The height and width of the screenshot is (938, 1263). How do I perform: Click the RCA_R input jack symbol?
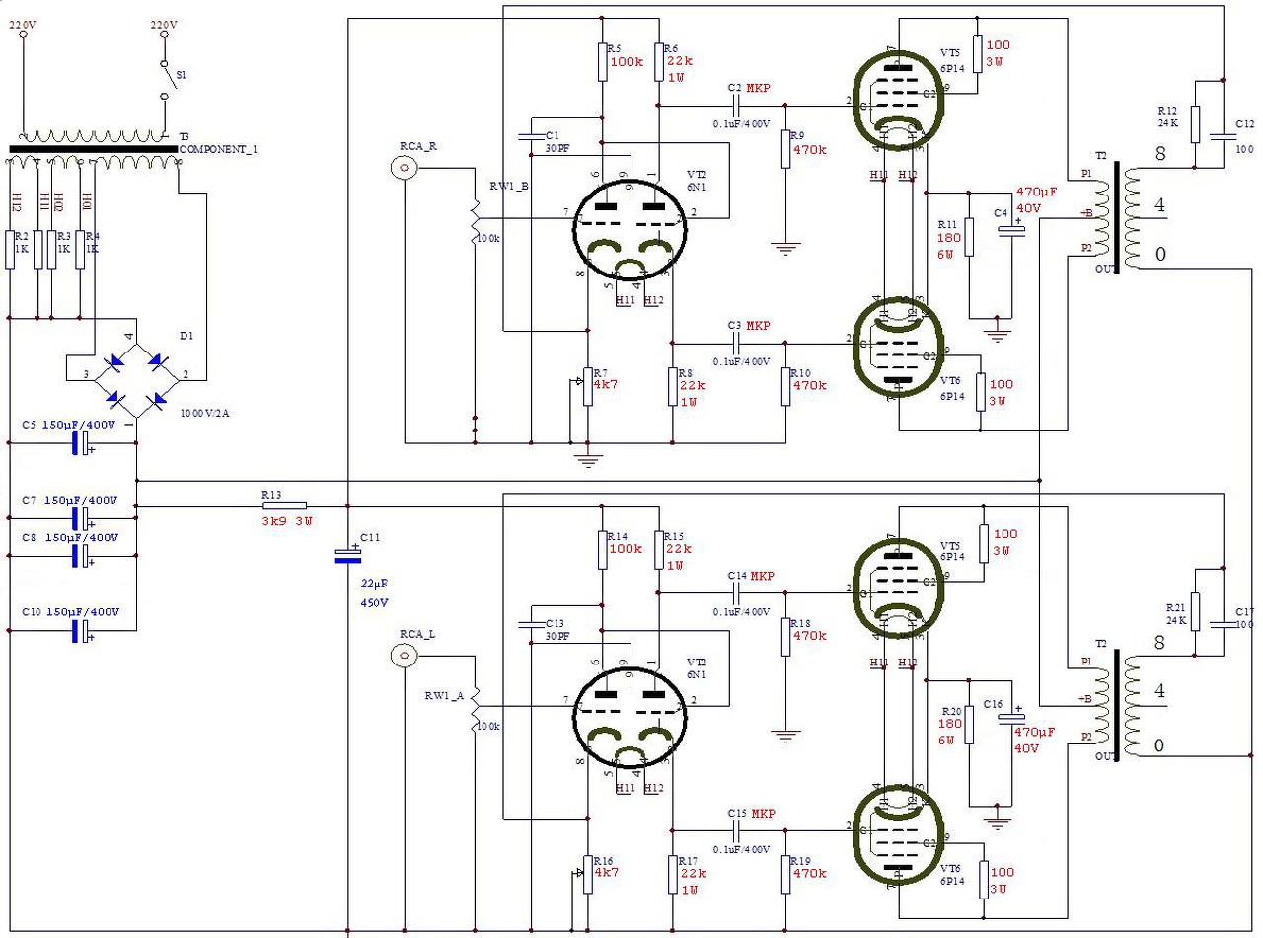pyautogui.click(x=404, y=169)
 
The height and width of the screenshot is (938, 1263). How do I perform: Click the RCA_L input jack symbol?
pyautogui.click(x=403, y=655)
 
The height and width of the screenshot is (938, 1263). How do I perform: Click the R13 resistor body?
pyautogui.click(x=285, y=506)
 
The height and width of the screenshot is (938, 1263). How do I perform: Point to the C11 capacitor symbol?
pyautogui.click(x=347, y=555)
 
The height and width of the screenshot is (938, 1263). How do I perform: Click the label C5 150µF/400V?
pyautogui.click(x=69, y=425)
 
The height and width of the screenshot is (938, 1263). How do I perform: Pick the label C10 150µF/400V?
pyautogui.click(x=69, y=612)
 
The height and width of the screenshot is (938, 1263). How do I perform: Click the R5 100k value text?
pyautogui.click(x=627, y=61)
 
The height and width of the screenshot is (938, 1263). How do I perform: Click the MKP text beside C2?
pyautogui.click(x=758, y=88)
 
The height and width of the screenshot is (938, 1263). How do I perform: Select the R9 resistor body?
pyautogui.click(x=786, y=149)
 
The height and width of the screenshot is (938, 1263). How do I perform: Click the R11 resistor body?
pyautogui.click(x=969, y=237)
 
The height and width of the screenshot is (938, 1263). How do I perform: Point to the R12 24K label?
pyautogui.click(x=1167, y=117)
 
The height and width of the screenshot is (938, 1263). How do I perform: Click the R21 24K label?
pyautogui.click(x=1175, y=613)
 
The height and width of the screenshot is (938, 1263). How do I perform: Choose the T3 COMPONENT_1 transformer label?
pyautogui.click(x=216, y=148)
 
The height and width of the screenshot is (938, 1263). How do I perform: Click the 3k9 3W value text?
pyautogui.click(x=287, y=521)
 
